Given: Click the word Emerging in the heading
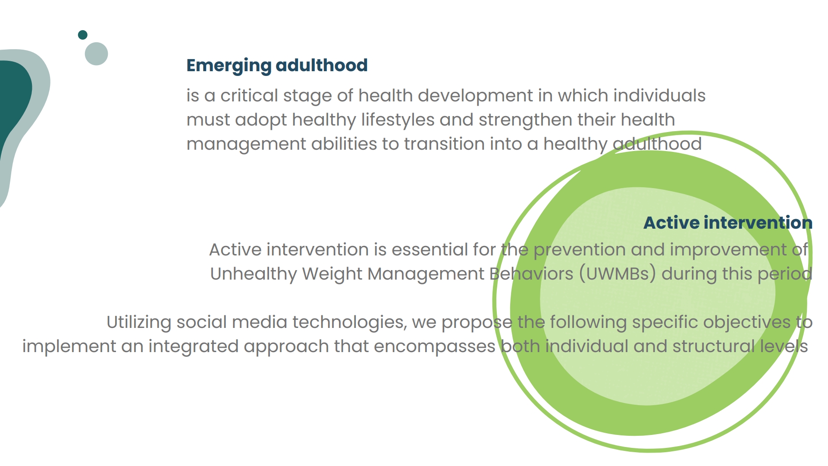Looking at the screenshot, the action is point(229,66).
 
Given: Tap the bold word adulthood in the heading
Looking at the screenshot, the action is point(322,65).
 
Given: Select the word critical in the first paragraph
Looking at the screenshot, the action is point(249,95).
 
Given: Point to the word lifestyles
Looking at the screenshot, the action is point(398,120).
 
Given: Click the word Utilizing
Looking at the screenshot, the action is point(139,322).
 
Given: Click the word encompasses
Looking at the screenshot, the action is point(435,346).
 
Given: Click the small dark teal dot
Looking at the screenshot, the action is point(83,35).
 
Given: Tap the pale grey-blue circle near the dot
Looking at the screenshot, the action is point(97,54).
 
